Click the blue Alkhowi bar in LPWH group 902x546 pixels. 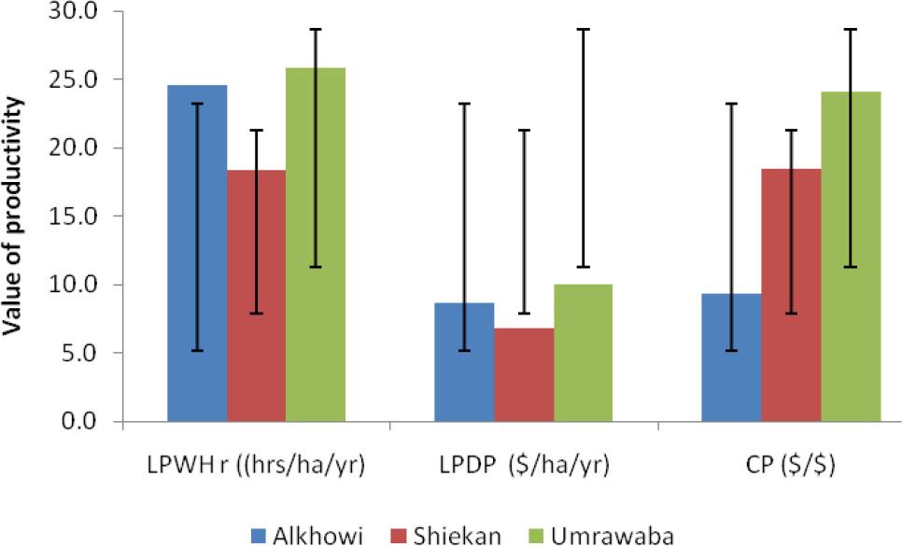point(197,254)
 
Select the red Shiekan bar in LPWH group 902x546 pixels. point(256,296)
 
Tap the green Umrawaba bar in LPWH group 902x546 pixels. point(315,245)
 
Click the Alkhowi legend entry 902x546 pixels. point(309,534)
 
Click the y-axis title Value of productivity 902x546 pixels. point(16,217)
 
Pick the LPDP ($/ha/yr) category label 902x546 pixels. point(523,466)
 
